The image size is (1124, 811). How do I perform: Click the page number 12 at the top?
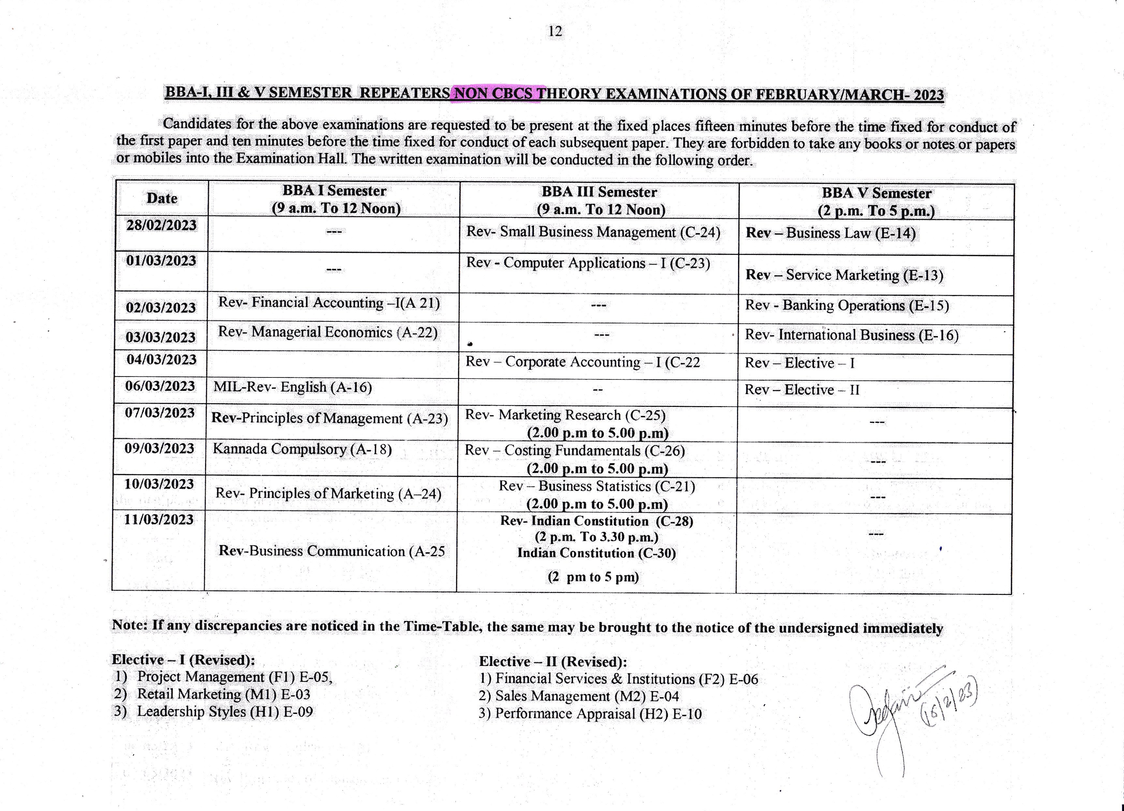click(555, 32)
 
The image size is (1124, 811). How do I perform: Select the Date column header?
click(162, 198)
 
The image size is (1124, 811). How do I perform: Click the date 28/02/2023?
click(162, 226)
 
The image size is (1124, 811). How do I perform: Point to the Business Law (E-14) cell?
click(831, 233)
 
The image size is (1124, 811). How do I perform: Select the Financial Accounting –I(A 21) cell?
click(329, 303)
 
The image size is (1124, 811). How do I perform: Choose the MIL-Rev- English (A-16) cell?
click(293, 388)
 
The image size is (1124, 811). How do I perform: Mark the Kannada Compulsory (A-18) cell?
click(302, 450)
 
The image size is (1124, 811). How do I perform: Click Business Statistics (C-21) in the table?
click(597, 486)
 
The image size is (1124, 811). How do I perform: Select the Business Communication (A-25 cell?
click(332, 552)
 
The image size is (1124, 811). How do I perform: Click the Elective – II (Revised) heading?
click(553, 662)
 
